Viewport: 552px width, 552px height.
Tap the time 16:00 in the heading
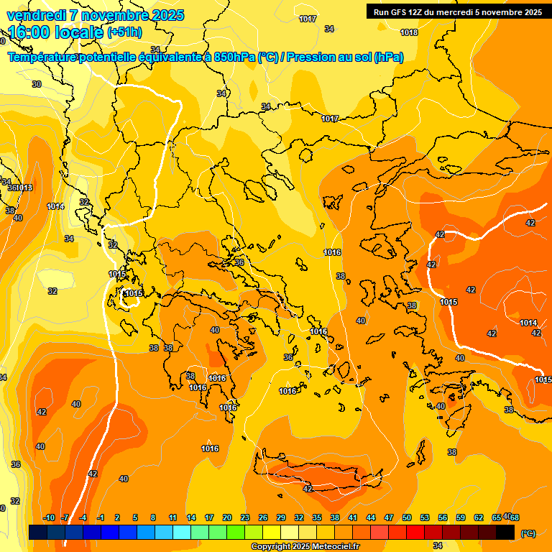(x=32, y=32)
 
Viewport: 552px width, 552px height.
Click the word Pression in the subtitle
(x=311, y=57)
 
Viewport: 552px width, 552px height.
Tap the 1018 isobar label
(x=409, y=32)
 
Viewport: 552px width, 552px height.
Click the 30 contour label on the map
(x=37, y=84)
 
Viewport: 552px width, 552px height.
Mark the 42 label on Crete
(x=308, y=489)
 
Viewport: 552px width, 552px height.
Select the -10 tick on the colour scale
(x=49, y=517)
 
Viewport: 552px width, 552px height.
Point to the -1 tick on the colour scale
(x=101, y=517)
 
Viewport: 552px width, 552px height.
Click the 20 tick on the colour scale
(x=226, y=517)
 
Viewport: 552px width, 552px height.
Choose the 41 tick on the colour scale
(x=352, y=517)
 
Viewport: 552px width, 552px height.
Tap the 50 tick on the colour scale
(x=407, y=517)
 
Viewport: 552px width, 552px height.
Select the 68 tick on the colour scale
(x=515, y=517)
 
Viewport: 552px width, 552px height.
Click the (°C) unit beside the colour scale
(x=528, y=533)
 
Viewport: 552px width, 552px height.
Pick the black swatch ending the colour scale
(x=505, y=532)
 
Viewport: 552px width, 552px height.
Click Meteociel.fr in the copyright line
(x=333, y=546)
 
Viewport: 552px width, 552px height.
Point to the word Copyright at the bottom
(x=271, y=546)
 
